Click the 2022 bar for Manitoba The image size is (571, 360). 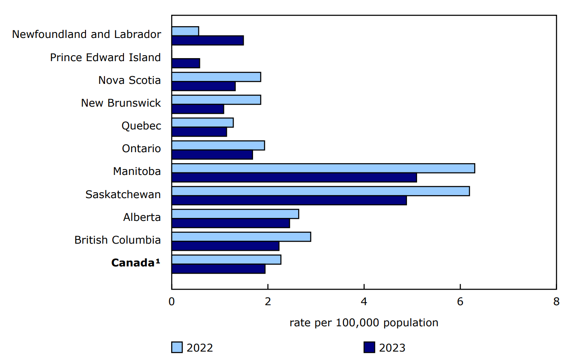point(323,168)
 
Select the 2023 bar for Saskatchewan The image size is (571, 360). point(289,200)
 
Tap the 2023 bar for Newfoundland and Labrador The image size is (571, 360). point(207,40)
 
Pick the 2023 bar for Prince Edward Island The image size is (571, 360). point(186,63)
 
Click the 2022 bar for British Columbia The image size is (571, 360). point(241,236)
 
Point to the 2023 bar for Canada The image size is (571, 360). point(218,269)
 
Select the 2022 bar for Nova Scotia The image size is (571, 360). point(216,77)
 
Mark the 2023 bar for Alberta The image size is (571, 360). point(231,223)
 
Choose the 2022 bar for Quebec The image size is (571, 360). point(202,123)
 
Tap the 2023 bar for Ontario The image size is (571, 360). point(212,155)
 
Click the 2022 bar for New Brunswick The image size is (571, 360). point(216,99)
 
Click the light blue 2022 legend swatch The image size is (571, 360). point(177,347)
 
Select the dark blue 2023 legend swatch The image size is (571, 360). point(369,347)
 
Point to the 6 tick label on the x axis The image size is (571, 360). point(460,302)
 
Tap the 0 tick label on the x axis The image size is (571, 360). point(172,302)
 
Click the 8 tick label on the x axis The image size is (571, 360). point(556,302)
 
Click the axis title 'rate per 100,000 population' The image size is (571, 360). point(364,323)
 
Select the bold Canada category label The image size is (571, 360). point(136,263)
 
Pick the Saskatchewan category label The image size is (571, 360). point(123,194)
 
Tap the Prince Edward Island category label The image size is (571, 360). point(105,57)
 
